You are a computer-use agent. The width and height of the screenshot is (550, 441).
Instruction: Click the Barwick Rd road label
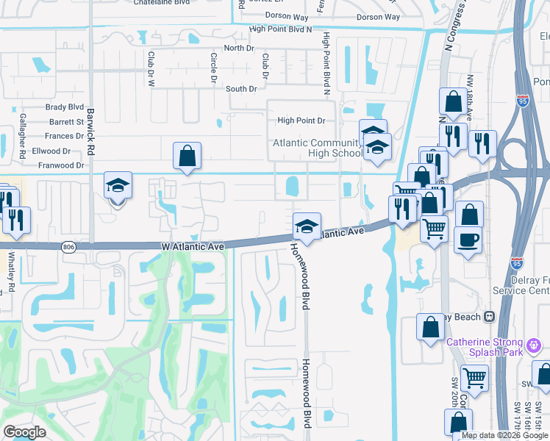tap(91, 132)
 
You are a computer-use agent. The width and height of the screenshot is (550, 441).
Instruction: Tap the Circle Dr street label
tap(214, 66)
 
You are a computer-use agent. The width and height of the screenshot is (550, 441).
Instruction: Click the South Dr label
tap(241, 89)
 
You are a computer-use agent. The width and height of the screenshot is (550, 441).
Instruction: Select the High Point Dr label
tap(301, 121)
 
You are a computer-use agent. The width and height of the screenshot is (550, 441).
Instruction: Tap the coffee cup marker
tap(468, 239)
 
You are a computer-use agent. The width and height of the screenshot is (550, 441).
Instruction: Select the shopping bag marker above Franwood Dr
tap(187, 155)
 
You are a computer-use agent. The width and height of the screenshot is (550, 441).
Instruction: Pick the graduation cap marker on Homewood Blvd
tap(307, 226)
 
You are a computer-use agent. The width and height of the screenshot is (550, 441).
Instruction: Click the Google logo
tap(24, 432)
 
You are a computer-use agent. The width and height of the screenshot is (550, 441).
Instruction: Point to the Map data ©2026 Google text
tap(504, 435)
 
